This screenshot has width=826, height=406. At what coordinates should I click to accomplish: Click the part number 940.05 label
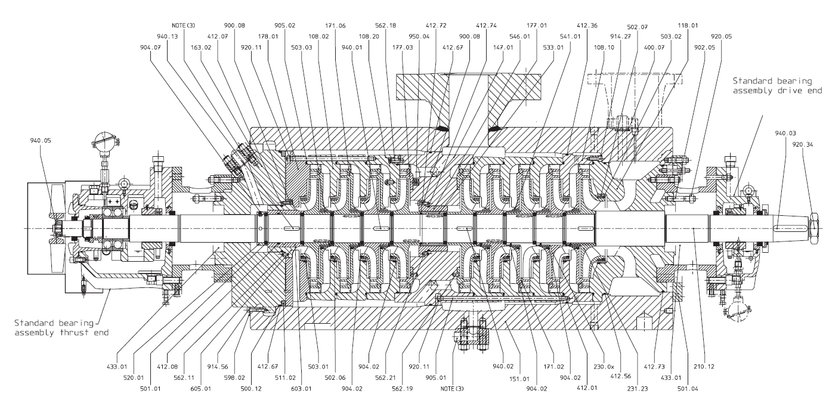(x=40, y=141)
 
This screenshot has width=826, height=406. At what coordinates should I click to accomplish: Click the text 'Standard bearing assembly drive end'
(x=776, y=85)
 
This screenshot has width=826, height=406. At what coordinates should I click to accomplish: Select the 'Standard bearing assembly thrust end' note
(x=61, y=327)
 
